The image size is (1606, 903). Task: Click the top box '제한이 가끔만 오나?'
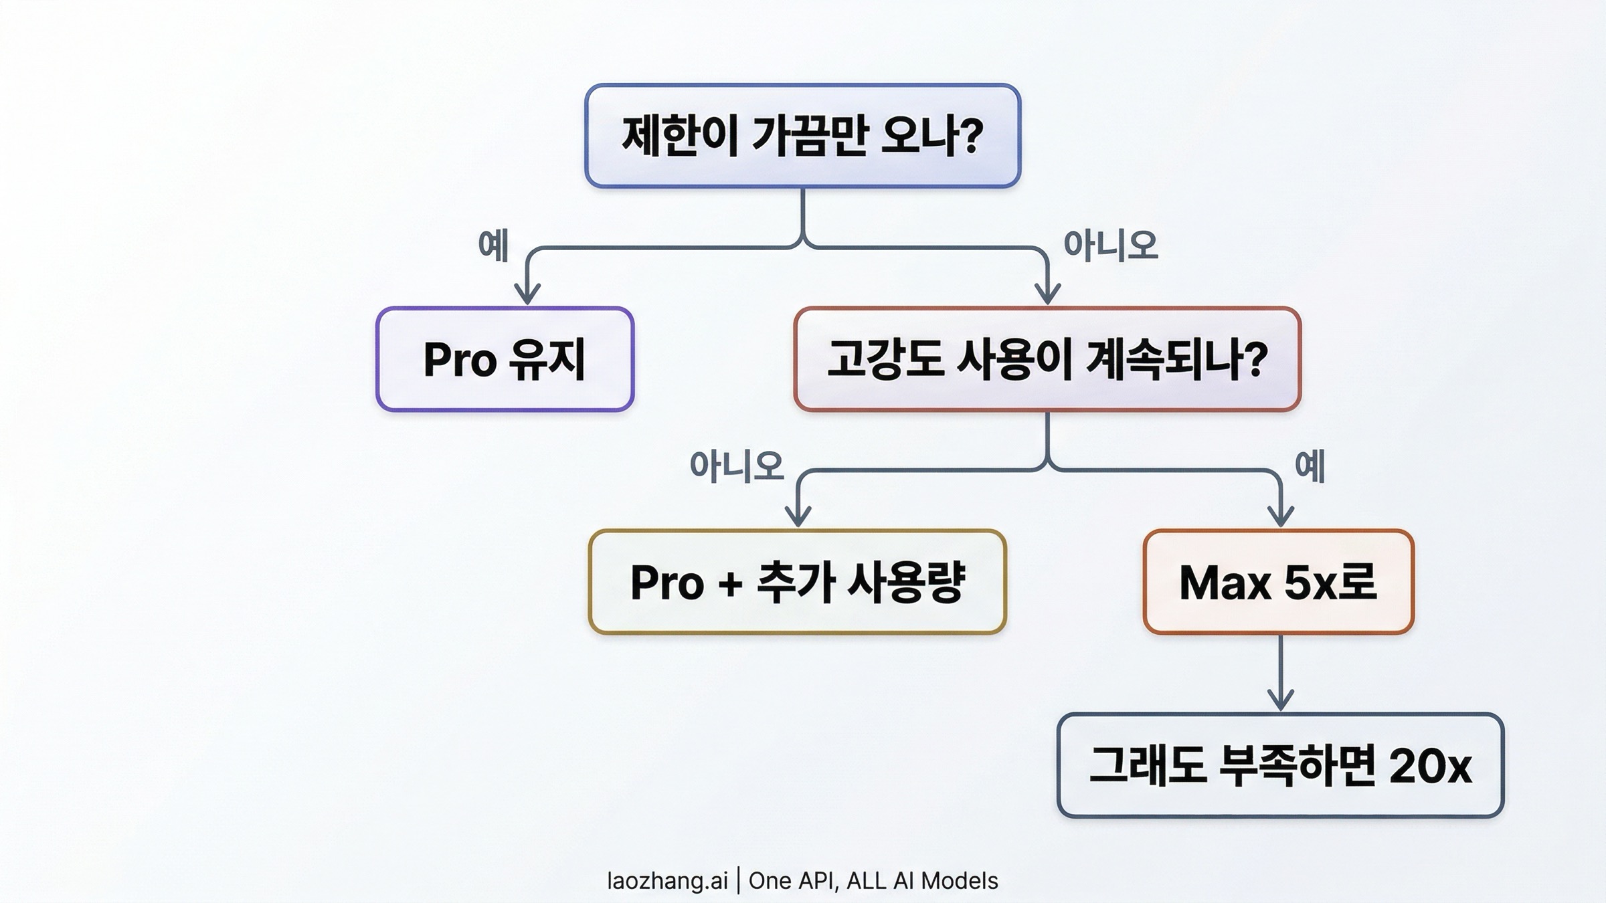coord(802,136)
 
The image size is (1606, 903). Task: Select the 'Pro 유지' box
coord(505,359)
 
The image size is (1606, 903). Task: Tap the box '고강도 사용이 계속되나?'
coord(1047,359)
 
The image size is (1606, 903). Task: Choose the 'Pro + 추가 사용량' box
coord(797,582)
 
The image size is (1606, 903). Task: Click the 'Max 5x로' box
coord(1278,582)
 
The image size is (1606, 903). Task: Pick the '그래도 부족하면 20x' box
coord(1280,765)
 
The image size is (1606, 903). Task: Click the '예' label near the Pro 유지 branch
coord(493,245)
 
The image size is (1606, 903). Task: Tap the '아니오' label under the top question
coord(1110,245)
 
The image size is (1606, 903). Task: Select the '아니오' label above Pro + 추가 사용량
coord(736,466)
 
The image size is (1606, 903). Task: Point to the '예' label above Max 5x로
coord(1310,466)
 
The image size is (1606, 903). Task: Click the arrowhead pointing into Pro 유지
coord(527,294)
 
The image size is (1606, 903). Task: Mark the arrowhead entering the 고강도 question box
coord(1047,294)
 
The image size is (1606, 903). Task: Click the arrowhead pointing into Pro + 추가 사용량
coord(798,516)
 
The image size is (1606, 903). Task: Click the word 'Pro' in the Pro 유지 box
coord(460,361)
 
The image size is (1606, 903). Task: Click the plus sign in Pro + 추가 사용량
coord(730,583)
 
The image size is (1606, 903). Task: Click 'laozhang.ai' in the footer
coord(666,881)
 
